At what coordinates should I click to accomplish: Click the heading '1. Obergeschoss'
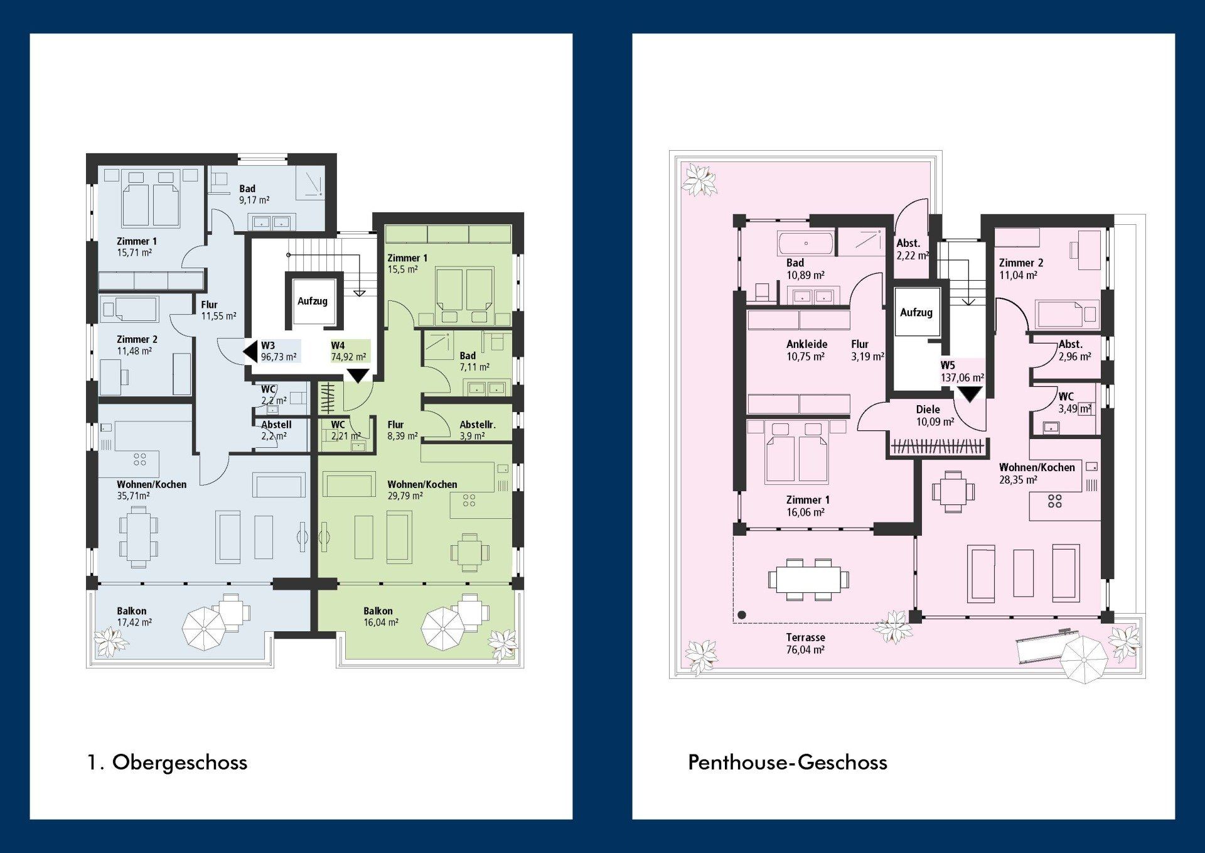click(x=168, y=763)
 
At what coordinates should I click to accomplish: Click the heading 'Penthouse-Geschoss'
click(x=788, y=763)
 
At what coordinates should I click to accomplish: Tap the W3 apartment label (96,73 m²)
click(x=279, y=351)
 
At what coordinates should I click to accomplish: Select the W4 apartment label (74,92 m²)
click(x=349, y=351)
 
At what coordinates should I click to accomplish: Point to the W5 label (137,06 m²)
click(x=962, y=371)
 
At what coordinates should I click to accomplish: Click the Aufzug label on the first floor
click(x=313, y=301)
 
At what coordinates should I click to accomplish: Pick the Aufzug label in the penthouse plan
click(x=916, y=312)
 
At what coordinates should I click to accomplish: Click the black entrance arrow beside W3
click(x=250, y=352)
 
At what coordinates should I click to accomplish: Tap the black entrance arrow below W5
click(x=970, y=394)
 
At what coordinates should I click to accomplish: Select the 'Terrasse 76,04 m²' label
click(x=805, y=643)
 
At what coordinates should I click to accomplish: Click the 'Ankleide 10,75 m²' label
click(x=806, y=350)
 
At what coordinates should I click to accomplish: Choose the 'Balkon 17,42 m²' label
click(x=134, y=616)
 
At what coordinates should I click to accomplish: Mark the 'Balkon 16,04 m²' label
click(x=381, y=616)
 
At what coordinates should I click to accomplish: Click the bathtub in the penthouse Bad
click(x=806, y=243)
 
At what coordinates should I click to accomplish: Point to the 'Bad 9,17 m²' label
click(x=254, y=194)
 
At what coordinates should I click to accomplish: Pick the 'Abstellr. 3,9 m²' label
click(x=478, y=430)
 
